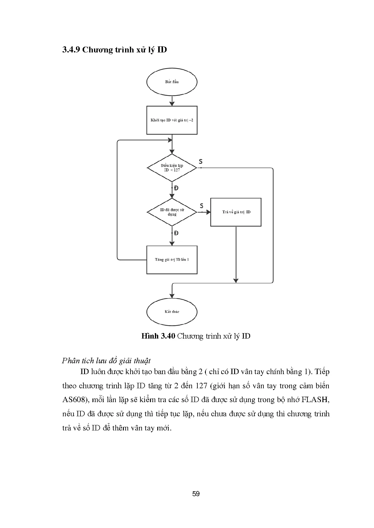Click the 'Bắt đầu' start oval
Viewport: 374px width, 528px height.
tap(172, 82)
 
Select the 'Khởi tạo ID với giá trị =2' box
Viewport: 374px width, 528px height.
tap(172, 120)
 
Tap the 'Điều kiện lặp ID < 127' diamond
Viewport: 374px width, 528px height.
tap(172, 168)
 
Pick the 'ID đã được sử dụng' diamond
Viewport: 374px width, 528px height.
tap(172, 212)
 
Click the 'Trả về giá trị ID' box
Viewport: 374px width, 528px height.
tap(236, 212)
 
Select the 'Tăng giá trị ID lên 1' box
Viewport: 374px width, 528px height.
tap(172, 260)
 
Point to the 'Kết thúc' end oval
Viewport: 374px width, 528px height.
tap(172, 312)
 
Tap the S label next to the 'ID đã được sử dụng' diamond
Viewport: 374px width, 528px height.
tap(202, 206)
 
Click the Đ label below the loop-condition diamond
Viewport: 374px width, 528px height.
tap(176, 188)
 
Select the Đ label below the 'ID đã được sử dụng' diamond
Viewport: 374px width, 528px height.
tap(176, 233)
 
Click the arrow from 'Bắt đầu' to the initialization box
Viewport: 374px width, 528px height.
tap(172, 101)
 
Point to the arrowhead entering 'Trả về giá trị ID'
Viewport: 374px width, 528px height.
tap(208, 212)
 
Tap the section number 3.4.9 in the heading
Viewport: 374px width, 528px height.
tap(71, 50)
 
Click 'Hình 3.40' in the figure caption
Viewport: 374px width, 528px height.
tap(158, 336)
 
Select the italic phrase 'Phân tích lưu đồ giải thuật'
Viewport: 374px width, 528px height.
tap(106, 361)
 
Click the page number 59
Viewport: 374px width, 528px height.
tap(196, 494)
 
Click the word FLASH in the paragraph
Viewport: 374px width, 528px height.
tap(315, 400)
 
